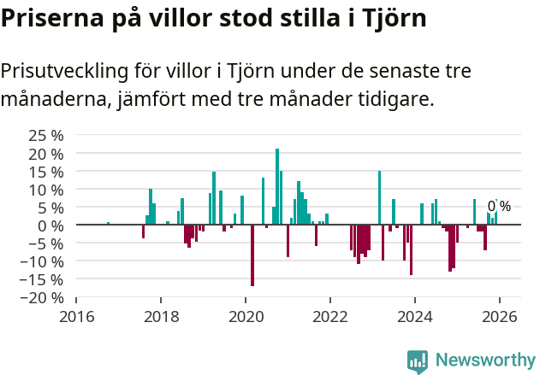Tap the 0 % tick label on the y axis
52,225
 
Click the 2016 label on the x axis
76,316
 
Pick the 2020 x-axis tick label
246,316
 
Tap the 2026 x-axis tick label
499,316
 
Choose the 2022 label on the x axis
329,316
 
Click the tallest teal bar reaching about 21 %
277,186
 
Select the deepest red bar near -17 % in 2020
252,255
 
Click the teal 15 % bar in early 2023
379,197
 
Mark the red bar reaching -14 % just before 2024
411,249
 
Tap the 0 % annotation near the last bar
499,206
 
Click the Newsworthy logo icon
418,361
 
